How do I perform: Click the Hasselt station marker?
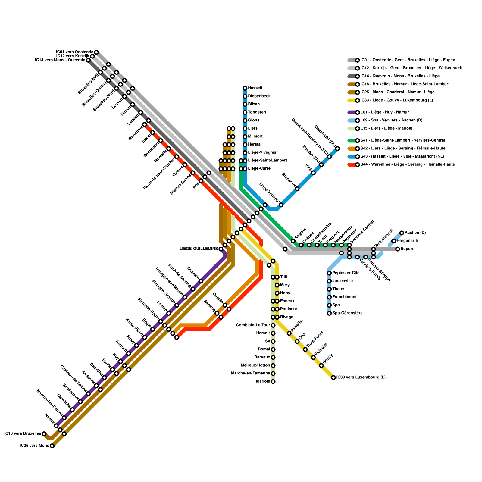point(245,88)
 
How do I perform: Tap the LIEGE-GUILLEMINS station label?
point(199,249)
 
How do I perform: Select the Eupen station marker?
point(398,249)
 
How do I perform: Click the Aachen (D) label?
point(415,233)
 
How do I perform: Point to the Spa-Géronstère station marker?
point(329,313)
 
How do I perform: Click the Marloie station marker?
point(273,382)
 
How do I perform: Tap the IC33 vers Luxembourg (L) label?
point(361,377)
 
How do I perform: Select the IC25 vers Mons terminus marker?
point(52,446)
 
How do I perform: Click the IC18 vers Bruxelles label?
point(23,434)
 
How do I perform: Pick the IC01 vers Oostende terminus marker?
point(96,52)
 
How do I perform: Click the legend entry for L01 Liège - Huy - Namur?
point(384,112)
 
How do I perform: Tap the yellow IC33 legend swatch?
point(351,100)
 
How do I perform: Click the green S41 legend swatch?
point(351,140)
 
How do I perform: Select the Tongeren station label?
point(257,112)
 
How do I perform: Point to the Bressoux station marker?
point(297,189)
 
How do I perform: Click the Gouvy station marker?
point(321,365)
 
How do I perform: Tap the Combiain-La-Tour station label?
point(253,325)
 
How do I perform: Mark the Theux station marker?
point(329,289)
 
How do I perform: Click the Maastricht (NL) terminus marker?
point(337,149)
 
